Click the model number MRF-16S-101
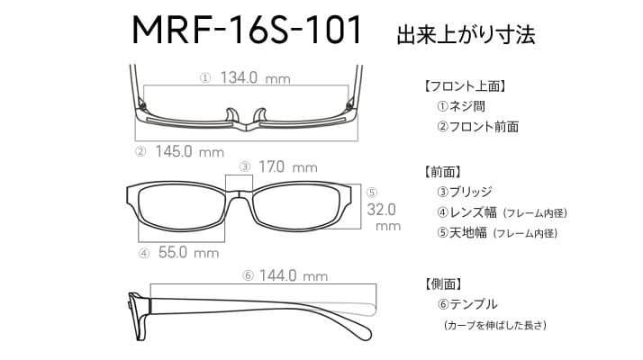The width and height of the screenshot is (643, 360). click(247, 30)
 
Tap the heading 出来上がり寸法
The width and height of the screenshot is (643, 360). click(466, 34)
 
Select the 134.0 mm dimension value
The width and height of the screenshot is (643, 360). click(255, 77)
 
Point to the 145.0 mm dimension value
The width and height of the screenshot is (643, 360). click(189, 152)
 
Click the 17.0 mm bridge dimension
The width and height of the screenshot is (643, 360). click(288, 166)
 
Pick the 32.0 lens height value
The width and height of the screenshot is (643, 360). click(381, 210)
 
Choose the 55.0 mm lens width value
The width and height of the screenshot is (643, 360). click(188, 252)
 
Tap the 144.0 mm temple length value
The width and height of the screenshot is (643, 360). click(294, 275)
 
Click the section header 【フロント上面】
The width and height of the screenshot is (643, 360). click(465, 86)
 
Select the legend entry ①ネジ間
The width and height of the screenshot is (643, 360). click(461, 106)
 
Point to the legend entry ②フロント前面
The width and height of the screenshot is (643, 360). click(477, 127)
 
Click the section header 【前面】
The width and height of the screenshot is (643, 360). click(442, 172)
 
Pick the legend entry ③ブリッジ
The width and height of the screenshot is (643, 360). click(464, 192)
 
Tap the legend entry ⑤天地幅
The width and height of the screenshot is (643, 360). click(462, 233)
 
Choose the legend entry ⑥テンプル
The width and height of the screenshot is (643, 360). click(467, 304)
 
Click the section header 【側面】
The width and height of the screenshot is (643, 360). click(443, 283)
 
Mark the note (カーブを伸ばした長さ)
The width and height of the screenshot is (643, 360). click(495, 325)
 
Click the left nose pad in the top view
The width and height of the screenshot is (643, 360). click(231, 115)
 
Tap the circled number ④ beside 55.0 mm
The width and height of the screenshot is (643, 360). click(144, 253)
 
